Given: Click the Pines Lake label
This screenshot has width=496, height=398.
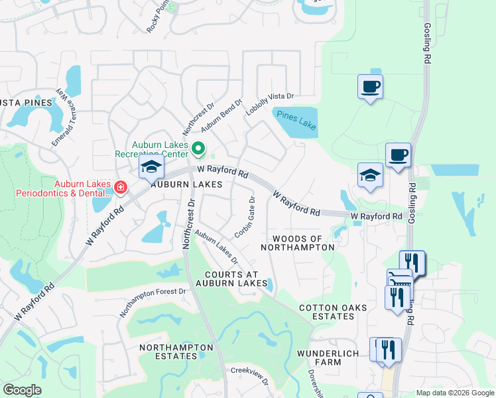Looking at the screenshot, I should pos(297,119).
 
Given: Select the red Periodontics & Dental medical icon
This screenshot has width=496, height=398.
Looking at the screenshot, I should pos(120,188).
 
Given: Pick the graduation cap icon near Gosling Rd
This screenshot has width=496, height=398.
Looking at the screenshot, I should pos(370,176).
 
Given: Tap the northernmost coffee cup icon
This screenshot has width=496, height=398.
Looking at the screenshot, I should pos(370,86).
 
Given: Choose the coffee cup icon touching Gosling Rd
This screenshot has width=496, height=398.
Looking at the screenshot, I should pos(398,156).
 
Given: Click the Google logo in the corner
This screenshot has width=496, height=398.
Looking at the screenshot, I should pos(22,390).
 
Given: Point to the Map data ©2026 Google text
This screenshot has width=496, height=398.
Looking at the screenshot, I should pos(454,393).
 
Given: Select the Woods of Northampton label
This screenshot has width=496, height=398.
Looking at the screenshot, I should pos(297,243).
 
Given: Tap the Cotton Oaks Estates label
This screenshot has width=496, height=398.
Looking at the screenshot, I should pos(326,312).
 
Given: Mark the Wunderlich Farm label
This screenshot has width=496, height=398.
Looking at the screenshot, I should pos(328,358).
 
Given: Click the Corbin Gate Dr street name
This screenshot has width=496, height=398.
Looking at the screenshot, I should pos(245,217).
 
